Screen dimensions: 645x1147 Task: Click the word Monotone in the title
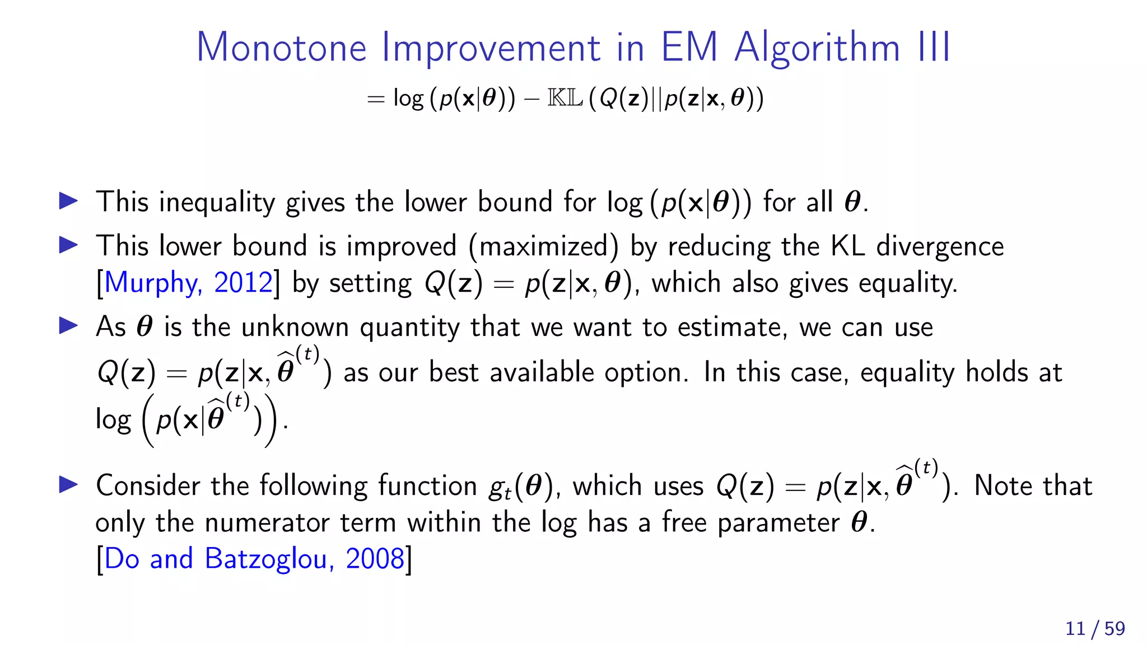tap(282, 47)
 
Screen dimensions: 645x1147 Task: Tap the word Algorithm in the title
tap(818, 47)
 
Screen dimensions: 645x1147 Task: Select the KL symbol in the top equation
tap(565, 99)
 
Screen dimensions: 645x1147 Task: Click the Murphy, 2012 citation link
tap(188, 283)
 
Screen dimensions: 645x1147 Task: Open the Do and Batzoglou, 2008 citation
tap(254, 559)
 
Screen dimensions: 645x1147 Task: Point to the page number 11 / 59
tap(1095, 628)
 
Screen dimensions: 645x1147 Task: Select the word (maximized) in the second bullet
tap(543, 247)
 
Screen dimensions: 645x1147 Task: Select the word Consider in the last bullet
tap(148, 485)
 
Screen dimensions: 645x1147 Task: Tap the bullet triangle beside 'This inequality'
tap(68, 200)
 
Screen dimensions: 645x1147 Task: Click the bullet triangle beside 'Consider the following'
tap(68, 484)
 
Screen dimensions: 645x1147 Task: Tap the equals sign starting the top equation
tap(376, 100)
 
